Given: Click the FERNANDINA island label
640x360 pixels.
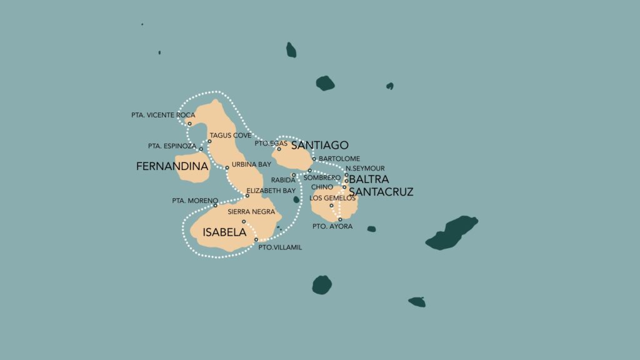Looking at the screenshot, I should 172,167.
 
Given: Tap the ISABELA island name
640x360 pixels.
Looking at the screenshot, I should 224,232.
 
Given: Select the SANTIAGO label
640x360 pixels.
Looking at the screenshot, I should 319,145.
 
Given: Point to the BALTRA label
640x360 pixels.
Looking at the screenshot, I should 369,179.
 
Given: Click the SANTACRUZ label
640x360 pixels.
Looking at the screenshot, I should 381,192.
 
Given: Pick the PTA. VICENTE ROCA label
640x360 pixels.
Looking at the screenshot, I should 159,115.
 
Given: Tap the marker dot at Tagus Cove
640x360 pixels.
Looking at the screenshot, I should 209,141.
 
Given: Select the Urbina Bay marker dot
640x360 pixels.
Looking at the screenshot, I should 227,167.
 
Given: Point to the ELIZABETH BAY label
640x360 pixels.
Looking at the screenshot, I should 271,191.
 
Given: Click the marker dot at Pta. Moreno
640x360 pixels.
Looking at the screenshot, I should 215,205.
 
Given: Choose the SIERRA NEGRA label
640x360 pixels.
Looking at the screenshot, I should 251,212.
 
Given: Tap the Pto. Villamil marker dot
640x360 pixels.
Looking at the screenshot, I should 256,239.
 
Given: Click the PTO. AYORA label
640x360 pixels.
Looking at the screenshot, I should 336,227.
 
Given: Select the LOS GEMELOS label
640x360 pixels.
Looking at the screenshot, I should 332,198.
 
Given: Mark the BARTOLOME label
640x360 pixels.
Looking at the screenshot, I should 339,159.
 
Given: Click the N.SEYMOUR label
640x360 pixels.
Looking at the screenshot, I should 365,168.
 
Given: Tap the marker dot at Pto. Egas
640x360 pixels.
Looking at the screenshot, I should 279,149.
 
